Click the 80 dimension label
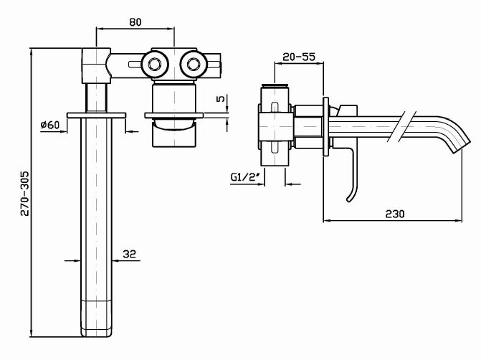pos(135,21)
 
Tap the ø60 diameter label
pos(50,125)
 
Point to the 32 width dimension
pos(130,253)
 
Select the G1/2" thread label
pos(244,176)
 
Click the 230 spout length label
pos(395,214)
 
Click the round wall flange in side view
pos(327,125)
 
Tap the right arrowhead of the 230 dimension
pos(462,219)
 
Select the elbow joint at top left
pos(96,65)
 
